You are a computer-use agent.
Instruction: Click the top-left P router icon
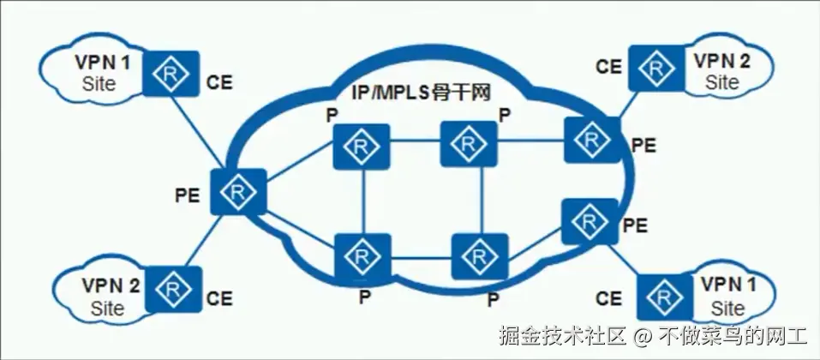[362, 147]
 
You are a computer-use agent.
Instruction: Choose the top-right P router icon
[469, 143]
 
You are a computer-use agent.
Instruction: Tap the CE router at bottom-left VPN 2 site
[173, 289]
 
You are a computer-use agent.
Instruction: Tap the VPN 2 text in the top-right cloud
[721, 62]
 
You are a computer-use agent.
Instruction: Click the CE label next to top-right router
[608, 65]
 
